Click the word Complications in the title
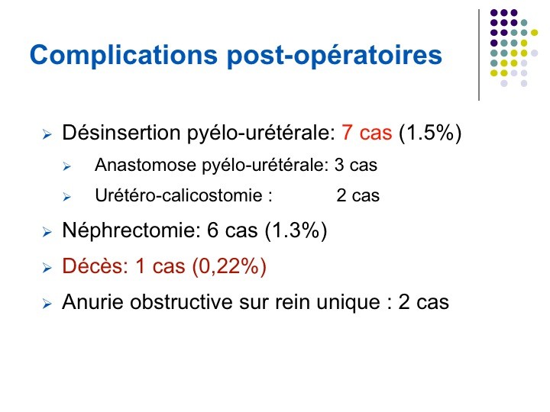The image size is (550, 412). pyautogui.click(x=124, y=56)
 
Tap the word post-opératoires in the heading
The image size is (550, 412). pyautogui.click(x=335, y=56)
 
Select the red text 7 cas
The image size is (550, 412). pyautogui.click(x=367, y=133)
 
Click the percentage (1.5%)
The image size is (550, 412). pyautogui.click(x=430, y=133)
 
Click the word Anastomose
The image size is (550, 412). pyautogui.click(x=145, y=165)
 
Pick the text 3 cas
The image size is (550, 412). pyautogui.click(x=356, y=165)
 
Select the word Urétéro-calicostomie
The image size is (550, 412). pyautogui.click(x=179, y=195)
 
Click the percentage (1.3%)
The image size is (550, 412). pyautogui.click(x=296, y=230)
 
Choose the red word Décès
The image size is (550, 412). pyautogui.click(x=95, y=266)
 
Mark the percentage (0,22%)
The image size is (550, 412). pyautogui.click(x=229, y=266)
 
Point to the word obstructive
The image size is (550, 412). pyautogui.click(x=181, y=301)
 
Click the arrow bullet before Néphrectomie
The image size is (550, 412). pyautogui.click(x=47, y=232)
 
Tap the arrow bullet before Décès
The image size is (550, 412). pyautogui.click(x=47, y=268)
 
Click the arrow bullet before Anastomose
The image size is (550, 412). pyautogui.click(x=67, y=166)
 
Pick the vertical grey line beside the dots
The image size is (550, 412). pyautogui.click(x=479, y=55)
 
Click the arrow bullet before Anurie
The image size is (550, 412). pyautogui.click(x=47, y=304)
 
